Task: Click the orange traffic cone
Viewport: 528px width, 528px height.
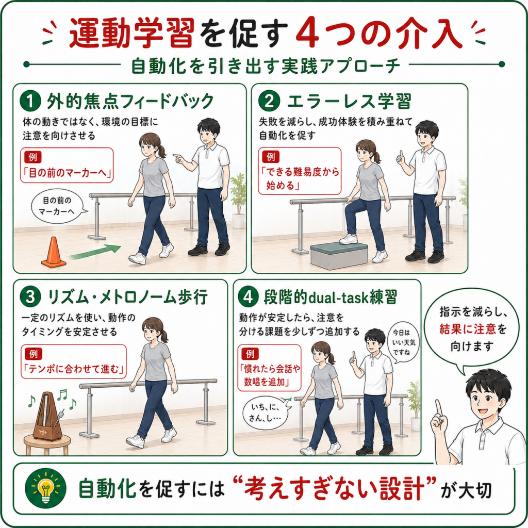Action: pyautogui.click(x=53, y=253)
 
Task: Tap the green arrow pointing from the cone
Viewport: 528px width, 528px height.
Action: pyautogui.click(x=95, y=253)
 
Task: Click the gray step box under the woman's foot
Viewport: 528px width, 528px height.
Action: pyautogui.click(x=339, y=256)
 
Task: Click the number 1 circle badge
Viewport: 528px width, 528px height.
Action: pyautogui.click(x=30, y=101)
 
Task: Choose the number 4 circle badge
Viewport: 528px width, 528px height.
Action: pyautogui.click(x=248, y=297)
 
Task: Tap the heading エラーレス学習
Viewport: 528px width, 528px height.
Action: pyautogui.click(x=349, y=101)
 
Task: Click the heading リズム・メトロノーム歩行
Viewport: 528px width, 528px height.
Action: pyautogui.click(x=128, y=297)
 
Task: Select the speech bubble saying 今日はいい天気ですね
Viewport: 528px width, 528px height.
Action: pyautogui.click(x=404, y=342)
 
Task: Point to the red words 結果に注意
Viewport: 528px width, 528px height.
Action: pyautogui.click(x=467, y=328)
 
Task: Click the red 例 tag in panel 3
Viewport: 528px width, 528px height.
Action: pyautogui.click(x=34, y=354)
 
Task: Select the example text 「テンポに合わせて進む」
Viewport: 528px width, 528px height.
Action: pyautogui.click(x=74, y=369)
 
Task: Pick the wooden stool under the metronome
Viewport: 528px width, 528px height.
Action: pyautogui.click(x=47, y=445)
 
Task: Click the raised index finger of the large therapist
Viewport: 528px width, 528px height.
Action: pyautogui.click(x=438, y=409)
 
